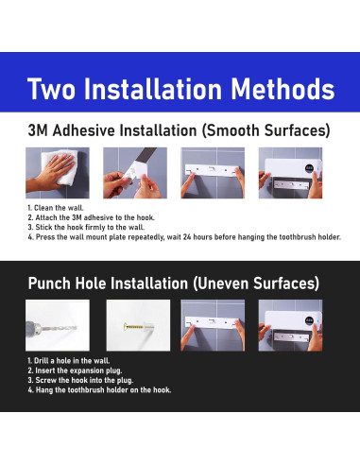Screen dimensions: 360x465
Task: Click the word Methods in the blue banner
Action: (283, 89)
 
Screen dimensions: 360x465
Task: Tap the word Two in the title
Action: (51, 89)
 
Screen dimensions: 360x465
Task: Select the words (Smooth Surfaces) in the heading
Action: (266, 130)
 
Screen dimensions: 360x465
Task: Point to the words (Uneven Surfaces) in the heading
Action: (256, 284)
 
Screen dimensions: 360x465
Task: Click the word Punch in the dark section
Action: (49, 284)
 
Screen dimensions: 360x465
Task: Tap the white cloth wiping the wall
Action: (63, 166)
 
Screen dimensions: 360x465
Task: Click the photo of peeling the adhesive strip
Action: (135, 173)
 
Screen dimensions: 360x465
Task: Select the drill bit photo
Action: (58, 325)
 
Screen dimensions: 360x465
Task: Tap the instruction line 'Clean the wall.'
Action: (56, 208)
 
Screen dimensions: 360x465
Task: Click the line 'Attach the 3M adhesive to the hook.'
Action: (91, 217)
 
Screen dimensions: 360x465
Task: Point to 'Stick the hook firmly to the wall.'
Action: (86, 228)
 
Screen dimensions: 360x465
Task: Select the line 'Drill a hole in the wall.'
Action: (69, 361)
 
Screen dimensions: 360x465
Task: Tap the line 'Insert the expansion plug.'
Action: (75, 370)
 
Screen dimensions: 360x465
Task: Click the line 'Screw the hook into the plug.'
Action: (80, 380)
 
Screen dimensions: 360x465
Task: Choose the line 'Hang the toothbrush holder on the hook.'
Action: (99, 390)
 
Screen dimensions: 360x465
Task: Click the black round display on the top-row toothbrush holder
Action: (309, 169)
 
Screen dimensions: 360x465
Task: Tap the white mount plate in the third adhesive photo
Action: (212, 170)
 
